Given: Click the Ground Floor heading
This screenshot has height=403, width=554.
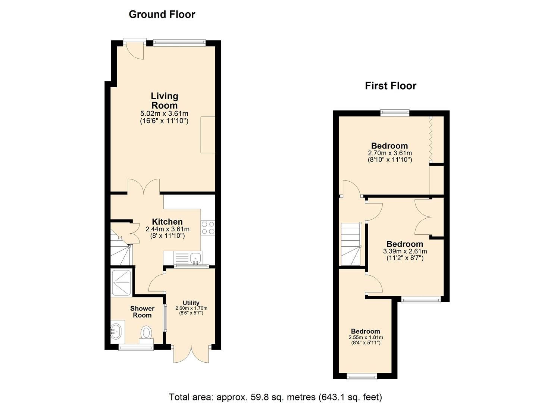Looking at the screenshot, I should pos(162,15).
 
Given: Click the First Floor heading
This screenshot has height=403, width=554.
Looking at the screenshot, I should pos(390,86).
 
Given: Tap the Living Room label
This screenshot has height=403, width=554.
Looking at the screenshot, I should pos(164,101).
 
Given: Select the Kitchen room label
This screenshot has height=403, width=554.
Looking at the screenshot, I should pos(167,222).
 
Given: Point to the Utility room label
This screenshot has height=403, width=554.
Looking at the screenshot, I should pos(191,303).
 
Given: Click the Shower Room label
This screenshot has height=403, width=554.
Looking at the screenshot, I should pos(142,312).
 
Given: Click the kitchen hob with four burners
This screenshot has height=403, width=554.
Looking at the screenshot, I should pos(208,228).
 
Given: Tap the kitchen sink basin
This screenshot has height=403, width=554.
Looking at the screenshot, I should pos(195,257).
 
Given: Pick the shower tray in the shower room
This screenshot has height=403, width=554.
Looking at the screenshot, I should pos(121,282).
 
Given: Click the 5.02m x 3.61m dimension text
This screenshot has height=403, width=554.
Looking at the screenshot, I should pos(164,113).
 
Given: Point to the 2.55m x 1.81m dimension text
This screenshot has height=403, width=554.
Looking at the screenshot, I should pos(366,337).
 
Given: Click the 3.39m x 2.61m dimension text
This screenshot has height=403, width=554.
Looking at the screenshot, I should pos(405,251).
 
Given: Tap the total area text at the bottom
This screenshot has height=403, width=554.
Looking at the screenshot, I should pos(275,397).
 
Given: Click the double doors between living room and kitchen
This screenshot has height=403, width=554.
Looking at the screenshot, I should pos(144,187).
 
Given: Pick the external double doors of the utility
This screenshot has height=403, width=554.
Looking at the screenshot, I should pos(191,354).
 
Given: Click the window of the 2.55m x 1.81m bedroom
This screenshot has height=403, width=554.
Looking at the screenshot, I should pos(361,377).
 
